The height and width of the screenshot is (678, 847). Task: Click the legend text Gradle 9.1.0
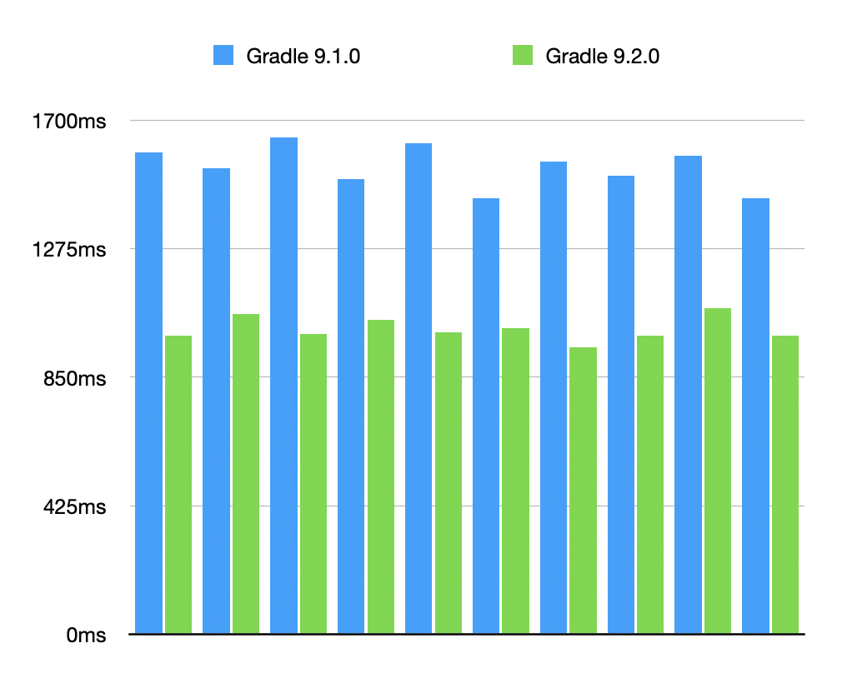pyautogui.click(x=303, y=56)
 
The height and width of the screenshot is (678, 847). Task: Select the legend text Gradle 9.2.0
pyautogui.click(x=602, y=56)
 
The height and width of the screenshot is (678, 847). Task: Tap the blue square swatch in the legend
pyautogui.click(x=225, y=56)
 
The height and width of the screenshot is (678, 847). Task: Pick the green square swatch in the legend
pyautogui.click(x=523, y=56)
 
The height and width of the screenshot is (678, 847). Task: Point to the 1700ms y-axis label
pyautogui.click(x=69, y=122)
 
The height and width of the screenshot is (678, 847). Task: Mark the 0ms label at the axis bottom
pyautogui.click(x=86, y=636)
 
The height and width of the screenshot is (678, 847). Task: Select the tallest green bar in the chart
pyautogui.click(x=717, y=471)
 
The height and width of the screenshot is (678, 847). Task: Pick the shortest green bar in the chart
pyautogui.click(x=583, y=490)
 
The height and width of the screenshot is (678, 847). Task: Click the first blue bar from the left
pyautogui.click(x=148, y=392)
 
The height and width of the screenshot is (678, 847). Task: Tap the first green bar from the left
pyautogui.click(x=178, y=484)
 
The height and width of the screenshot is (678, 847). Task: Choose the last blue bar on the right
pyautogui.click(x=755, y=416)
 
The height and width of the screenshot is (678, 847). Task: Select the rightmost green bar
pyautogui.click(x=785, y=484)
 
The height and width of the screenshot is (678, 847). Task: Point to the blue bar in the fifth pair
pyautogui.click(x=418, y=388)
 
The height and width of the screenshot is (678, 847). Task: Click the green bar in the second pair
pyautogui.click(x=246, y=473)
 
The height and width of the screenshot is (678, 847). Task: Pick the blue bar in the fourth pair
pyautogui.click(x=351, y=406)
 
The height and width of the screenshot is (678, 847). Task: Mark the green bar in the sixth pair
pyautogui.click(x=515, y=481)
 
